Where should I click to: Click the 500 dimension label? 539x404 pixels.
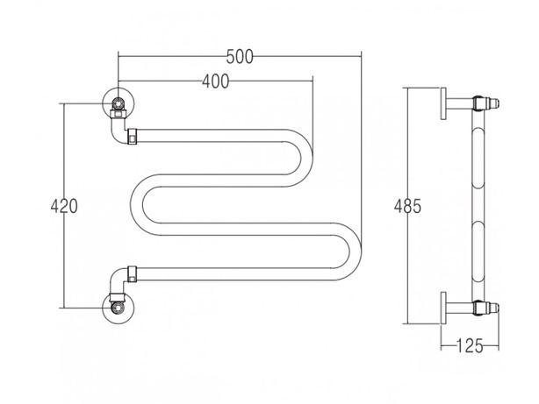pyautogui.click(x=240, y=57)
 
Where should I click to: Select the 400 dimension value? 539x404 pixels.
pyautogui.click(x=215, y=82)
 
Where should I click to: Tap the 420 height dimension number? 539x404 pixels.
pyautogui.click(x=64, y=206)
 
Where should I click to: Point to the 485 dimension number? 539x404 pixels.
pyautogui.click(x=407, y=206)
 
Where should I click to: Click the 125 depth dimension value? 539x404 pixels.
pyautogui.click(x=470, y=345)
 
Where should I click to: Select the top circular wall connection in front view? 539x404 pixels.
pyautogui.click(x=119, y=103)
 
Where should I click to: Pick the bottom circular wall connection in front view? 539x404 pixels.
pyautogui.click(x=119, y=308)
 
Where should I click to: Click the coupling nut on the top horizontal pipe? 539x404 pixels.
pyautogui.click(x=133, y=136)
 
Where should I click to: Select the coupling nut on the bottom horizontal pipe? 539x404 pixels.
pyautogui.click(x=133, y=274)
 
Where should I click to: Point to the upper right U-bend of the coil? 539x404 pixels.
pyautogui.click(x=307, y=159)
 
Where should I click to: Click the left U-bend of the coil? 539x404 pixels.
pyautogui.click(x=137, y=205)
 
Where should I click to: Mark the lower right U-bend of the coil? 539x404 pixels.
pyautogui.click(x=356, y=252)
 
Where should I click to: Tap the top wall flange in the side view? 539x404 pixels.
pyautogui.click(x=444, y=103)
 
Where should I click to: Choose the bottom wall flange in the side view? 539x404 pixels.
pyautogui.click(x=444, y=308)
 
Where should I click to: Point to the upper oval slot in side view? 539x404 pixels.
pyautogui.click(x=478, y=159)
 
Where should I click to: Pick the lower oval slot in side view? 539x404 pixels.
pyautogui.click(x=478, y=252)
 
